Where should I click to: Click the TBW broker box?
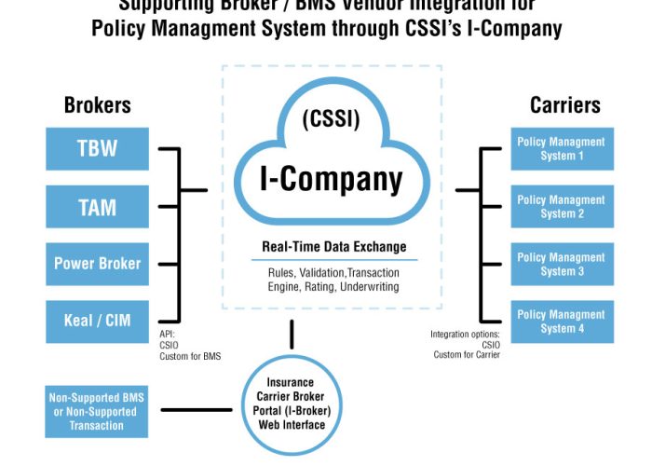tap(97, 149)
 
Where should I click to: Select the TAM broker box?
tap(97, 207)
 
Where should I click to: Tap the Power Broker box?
tap(97, 264)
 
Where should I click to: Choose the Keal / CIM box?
tap(97, 321)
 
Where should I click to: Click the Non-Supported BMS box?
tap(97, 411)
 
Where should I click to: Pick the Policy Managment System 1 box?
tap(562, 149)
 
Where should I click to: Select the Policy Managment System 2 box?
tap(562, 207)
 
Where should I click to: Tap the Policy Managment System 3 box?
tap(562, 264)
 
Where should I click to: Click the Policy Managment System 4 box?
tap(562, 322)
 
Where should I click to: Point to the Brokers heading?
tap(97, 105)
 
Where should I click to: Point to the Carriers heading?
tap(563, 105)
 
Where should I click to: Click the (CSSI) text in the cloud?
tap(331, 120)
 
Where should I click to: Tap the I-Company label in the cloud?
tap(331, 178)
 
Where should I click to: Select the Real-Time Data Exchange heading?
tap(333, 247)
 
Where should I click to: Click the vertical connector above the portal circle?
tap(292, 335)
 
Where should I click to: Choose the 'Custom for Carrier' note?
tap(467, 354)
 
